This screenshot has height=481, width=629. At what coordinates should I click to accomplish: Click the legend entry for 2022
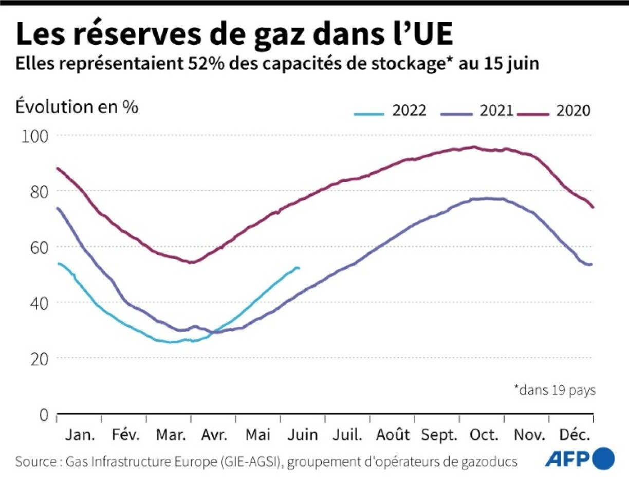point(391,111)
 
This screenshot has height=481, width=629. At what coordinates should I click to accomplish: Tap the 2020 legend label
point(573,111)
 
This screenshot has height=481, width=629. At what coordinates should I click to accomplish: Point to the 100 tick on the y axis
point(34,136)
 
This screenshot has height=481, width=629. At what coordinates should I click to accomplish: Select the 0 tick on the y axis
point(43,414)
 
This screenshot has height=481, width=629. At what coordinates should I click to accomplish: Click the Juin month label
point(302,435)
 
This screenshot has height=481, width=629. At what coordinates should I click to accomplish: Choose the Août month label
point(393,435)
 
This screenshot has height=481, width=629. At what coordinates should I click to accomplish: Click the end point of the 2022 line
point(299,268)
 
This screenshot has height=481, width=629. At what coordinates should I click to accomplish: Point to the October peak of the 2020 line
point(473,147)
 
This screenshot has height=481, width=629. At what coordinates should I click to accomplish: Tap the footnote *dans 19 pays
point(554,390)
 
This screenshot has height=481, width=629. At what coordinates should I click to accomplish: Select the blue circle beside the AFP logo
point(604,458)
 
